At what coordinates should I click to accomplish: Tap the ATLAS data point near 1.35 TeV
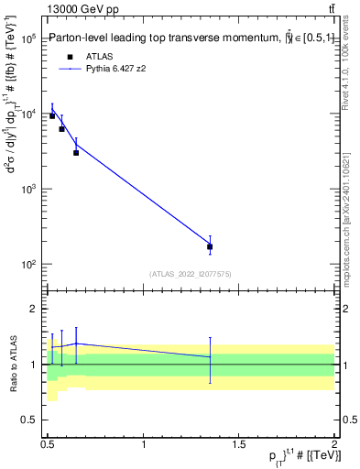coord(210,246)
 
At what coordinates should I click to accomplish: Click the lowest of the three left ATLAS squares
coord(76,152)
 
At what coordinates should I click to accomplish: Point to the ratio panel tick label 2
coord(33,310)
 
